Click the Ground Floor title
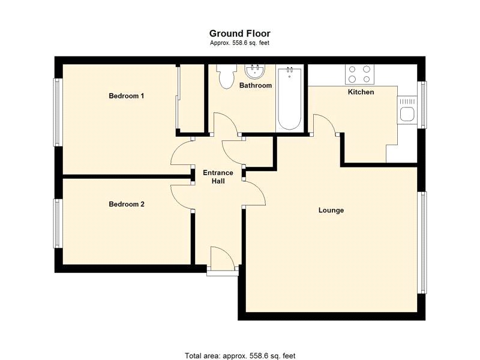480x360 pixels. (239, 33)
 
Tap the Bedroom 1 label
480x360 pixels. (127, 96)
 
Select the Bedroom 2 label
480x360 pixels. (127, 204)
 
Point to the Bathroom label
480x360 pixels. (256, 85)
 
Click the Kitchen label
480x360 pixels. (361, 92)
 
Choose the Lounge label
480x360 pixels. (331, 211)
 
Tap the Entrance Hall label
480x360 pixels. (218, 177)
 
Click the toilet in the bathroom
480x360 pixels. (226, 77)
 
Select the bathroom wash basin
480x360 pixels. (255, 71)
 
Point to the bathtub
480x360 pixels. (289, 99)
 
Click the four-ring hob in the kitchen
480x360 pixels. (359, 74)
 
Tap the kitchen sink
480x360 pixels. (407, 110)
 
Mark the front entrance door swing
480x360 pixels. (223, 258)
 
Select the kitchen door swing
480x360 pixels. (325, 124)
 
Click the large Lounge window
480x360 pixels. (422, 242)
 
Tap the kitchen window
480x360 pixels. (422, 104)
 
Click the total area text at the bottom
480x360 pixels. (240, 356)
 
